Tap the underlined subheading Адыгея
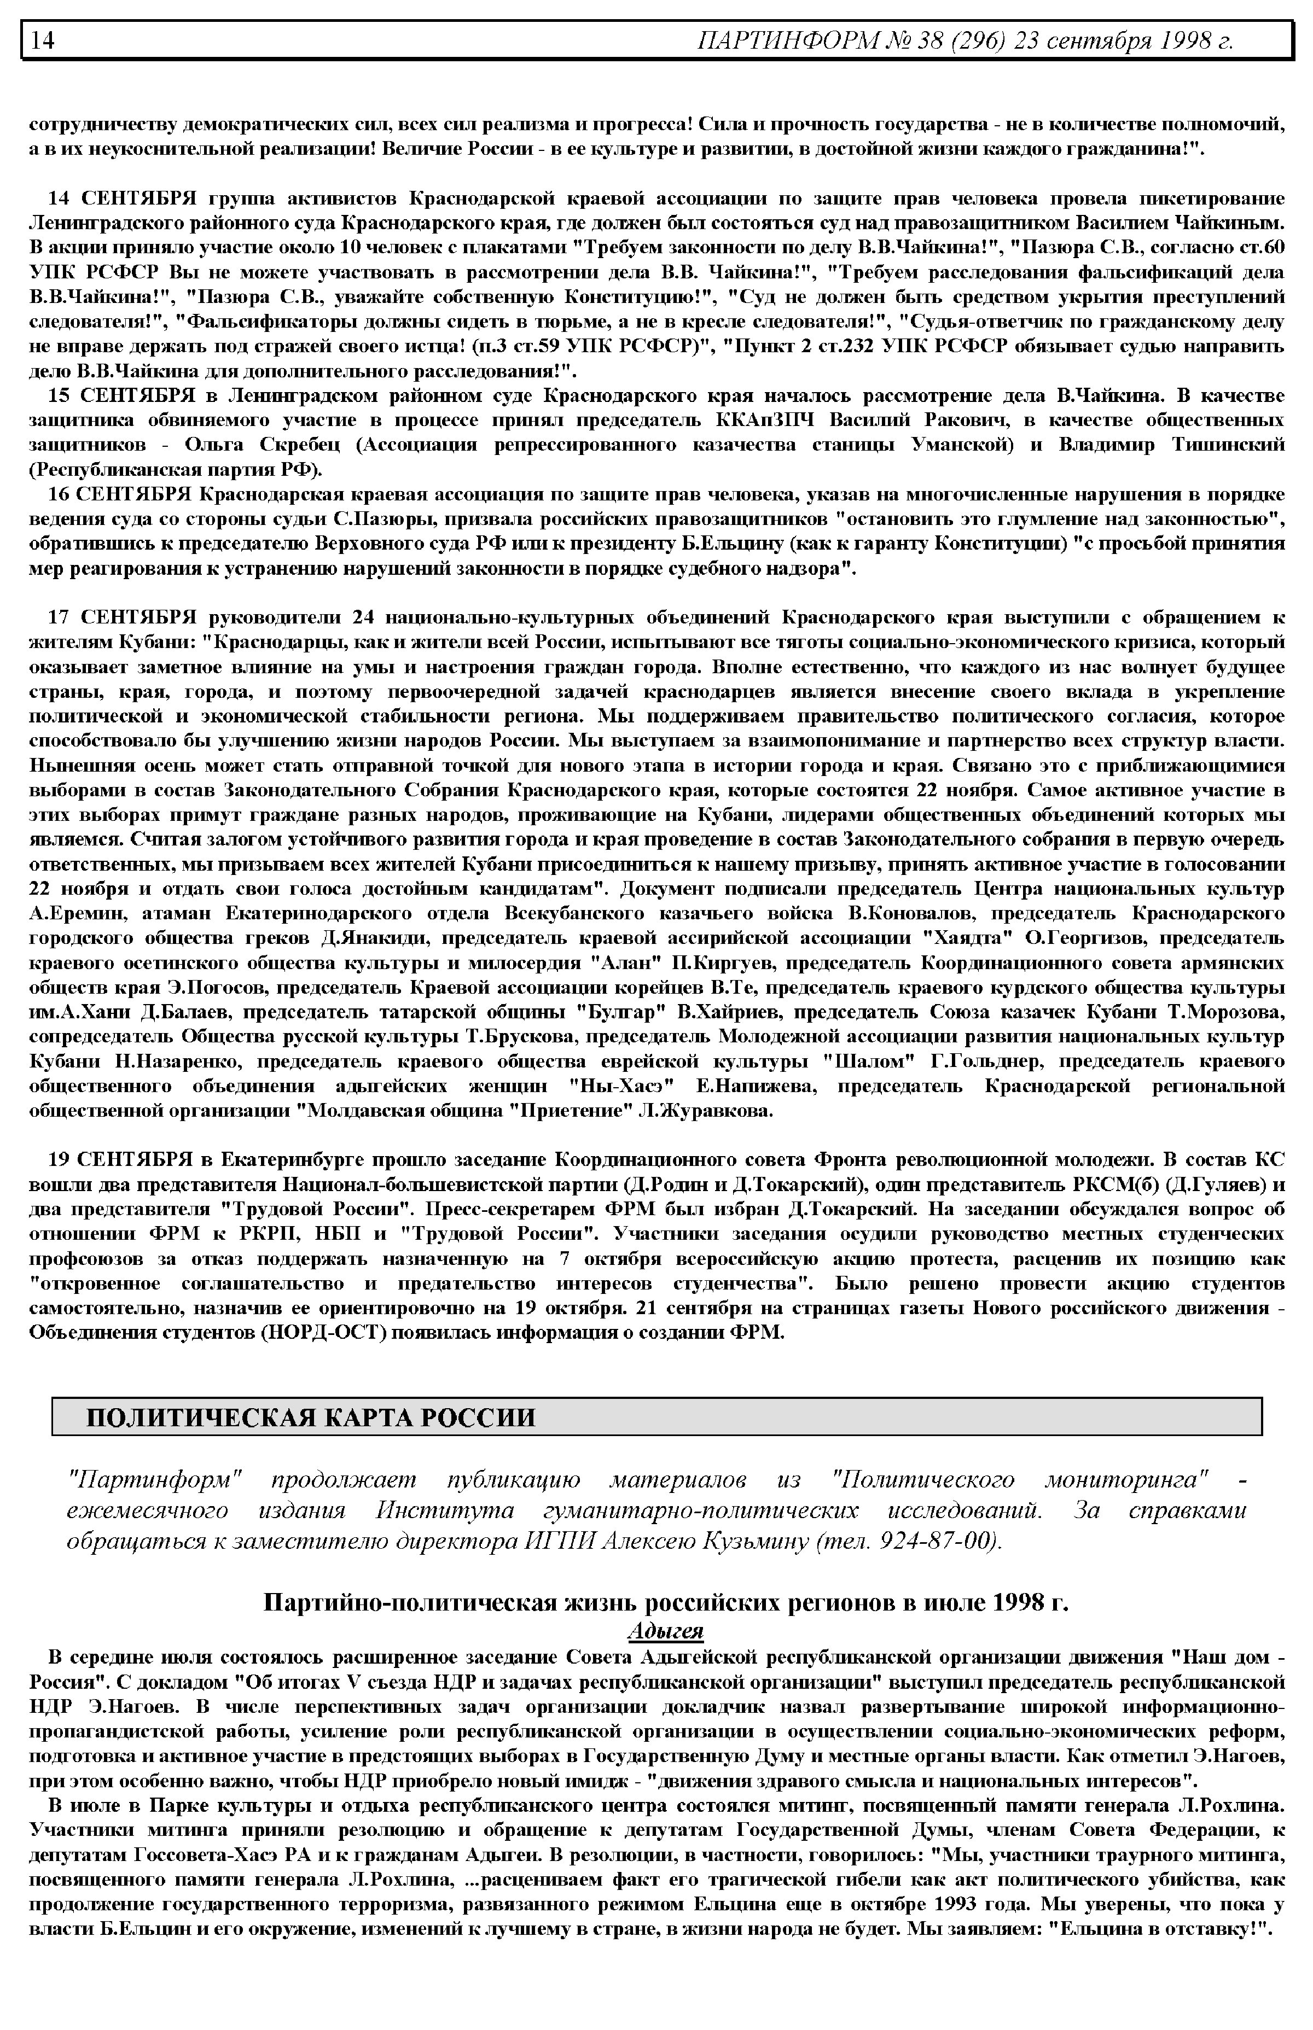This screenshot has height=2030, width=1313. tap(665, 1630)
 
